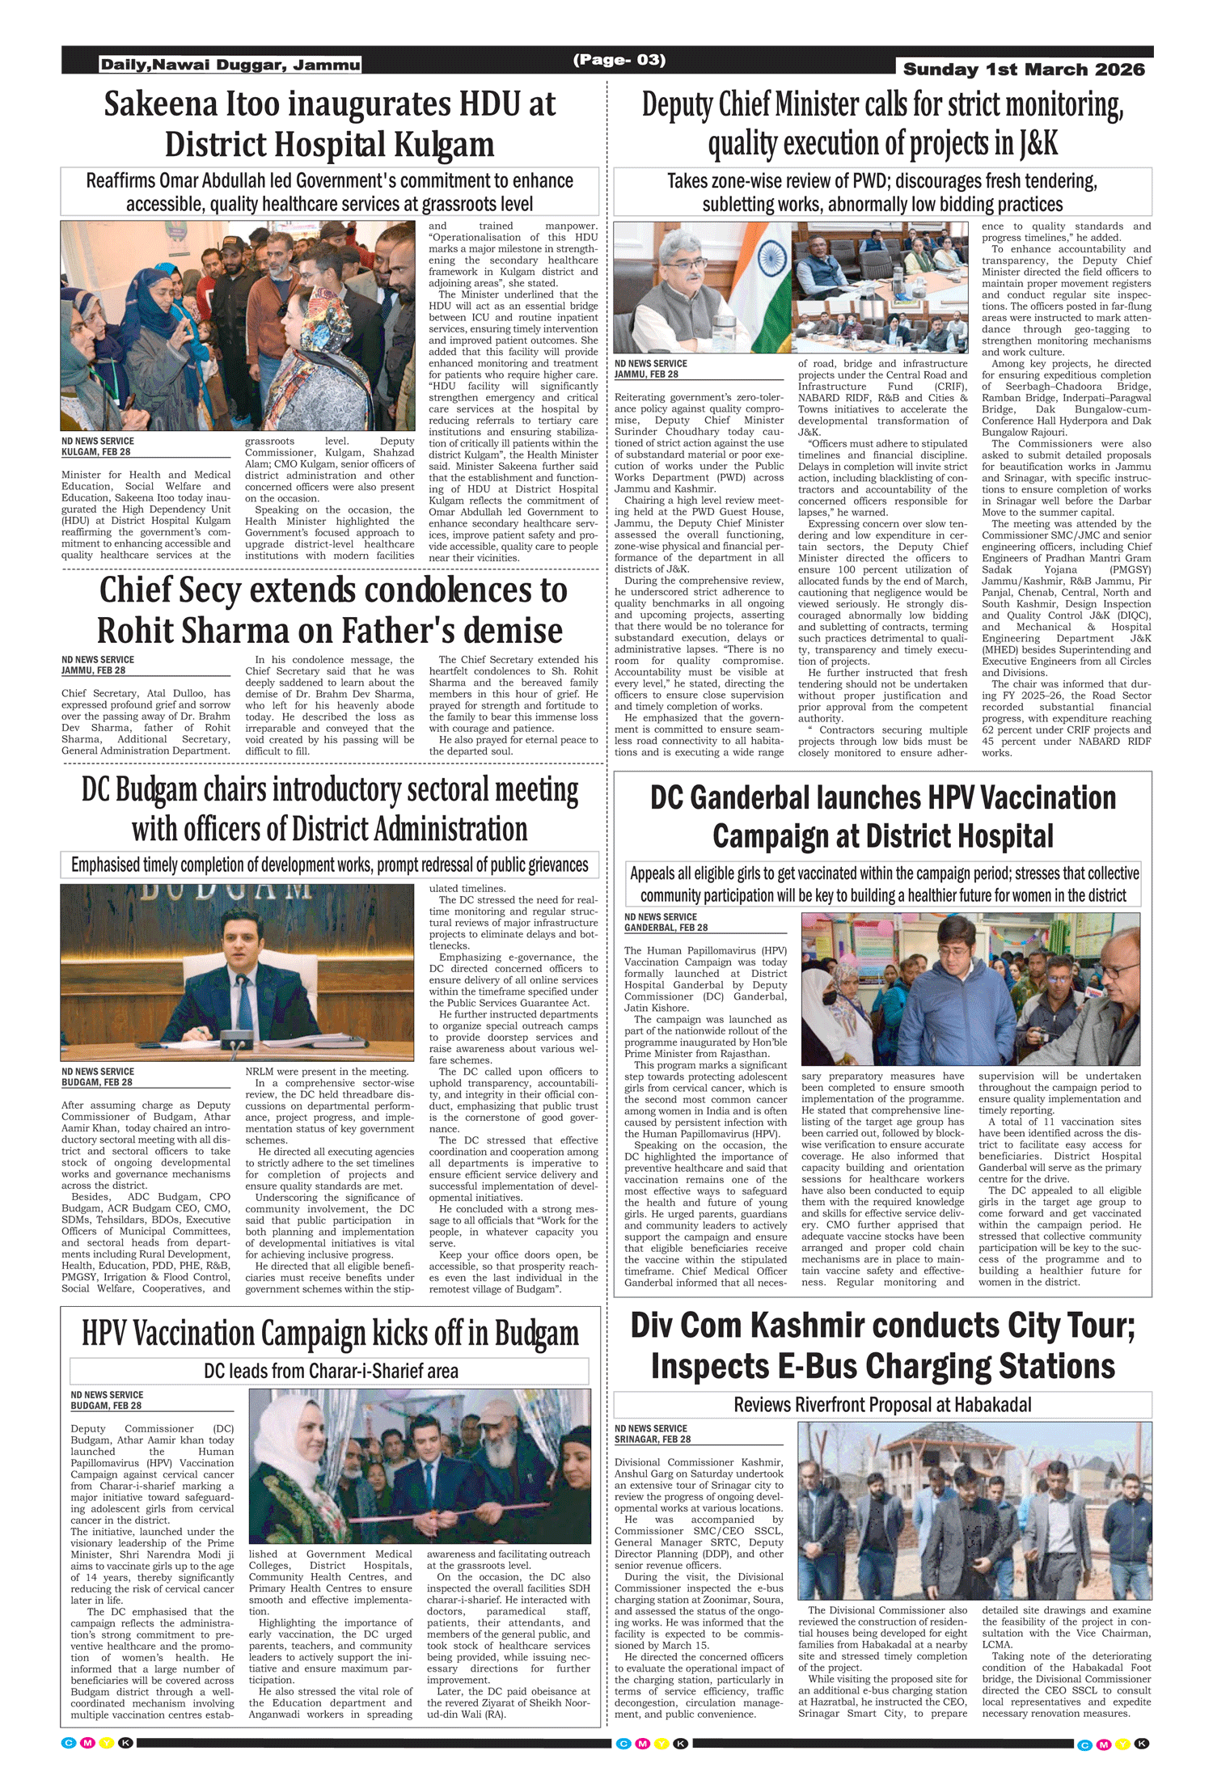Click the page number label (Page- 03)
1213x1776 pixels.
[x=619, y=60]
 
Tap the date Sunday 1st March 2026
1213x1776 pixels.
[x=1023, y=70]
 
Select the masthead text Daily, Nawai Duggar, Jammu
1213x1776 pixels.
[x=230, y=65]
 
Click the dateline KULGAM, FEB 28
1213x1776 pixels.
[x=95, y=452]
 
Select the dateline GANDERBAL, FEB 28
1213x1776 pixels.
[x=666, y=928]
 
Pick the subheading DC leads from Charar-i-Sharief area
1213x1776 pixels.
[x=330, y=1371]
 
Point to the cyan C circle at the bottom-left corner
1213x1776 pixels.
[x=69, y=1742]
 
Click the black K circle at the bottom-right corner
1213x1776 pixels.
[x=1142, y=1744]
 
